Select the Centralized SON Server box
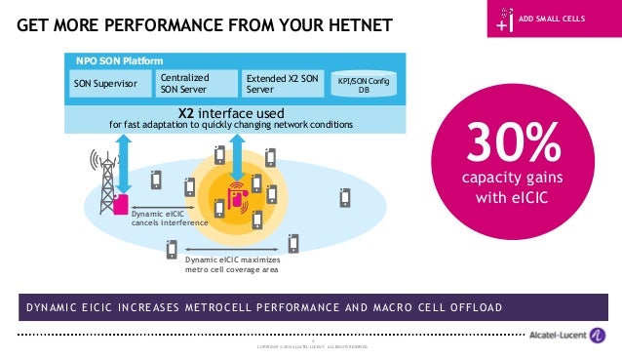[197, 84]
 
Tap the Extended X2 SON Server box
[280, 84]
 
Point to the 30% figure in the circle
[514, 146]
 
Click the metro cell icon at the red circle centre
[237, 191]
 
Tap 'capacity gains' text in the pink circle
[514, 178]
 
